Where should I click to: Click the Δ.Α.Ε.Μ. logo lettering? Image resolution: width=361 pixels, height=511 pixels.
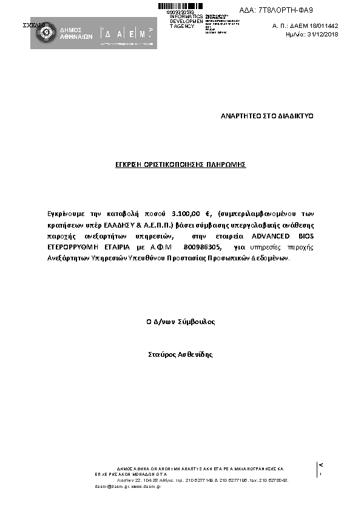[x=127, y=33]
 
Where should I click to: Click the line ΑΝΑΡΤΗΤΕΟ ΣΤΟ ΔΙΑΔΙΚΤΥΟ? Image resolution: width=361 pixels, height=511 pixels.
[x=266, y=115]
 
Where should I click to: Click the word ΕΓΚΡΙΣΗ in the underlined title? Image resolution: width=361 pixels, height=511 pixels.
[x=131, y=164]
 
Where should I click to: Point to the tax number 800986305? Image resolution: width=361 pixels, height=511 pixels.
[x=204, y=247]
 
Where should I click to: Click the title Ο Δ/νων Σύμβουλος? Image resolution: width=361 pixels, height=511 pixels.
[x=181, y=322]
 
